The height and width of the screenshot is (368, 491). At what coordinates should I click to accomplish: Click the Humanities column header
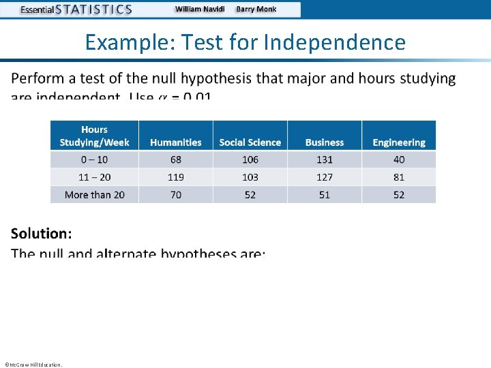pyautogui.click(x=176, y=142)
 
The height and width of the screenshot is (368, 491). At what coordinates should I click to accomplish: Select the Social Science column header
pyautogui.click(x=250, y=142)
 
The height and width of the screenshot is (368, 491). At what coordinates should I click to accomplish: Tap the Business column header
pyautogui.click(x=325, y=142)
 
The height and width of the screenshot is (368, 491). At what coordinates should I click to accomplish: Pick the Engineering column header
pyautogui.click(x=399, y=142)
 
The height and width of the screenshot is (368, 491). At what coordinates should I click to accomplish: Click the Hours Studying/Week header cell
pyautogui.click(x=94, y=136)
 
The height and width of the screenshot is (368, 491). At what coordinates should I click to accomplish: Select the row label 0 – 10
pyautogui.click(x=94, y=159)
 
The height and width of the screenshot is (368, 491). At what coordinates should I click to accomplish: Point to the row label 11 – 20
pyautogui.click(x=94, y=177)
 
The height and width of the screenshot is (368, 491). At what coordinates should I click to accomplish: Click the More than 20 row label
pyautogui.click(x=94, y=195)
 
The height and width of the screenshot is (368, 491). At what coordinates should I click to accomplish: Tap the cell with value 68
pyautogui.click(x=176, y=159)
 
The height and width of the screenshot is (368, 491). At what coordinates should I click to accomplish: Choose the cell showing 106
pyautogui.click(x=250, y=159)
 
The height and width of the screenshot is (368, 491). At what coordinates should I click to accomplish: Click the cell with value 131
pyautogui.click(x=325, y=159)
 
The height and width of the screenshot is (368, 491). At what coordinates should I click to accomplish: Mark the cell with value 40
pyautogui.click(x=399, y=159)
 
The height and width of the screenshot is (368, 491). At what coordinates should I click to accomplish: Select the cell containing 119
pyautogui.click(x=176, y=177)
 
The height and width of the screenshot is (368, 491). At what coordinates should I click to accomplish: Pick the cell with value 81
pyautogui.click(x=399, y=177)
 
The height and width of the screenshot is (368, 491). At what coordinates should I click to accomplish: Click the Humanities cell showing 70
pyautogui.click(x=176, y=195)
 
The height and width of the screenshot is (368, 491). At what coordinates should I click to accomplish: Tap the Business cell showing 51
pyautogui.click(x=325, y=195)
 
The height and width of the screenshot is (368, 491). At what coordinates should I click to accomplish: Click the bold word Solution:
pyautogui.click(x=42, y=234)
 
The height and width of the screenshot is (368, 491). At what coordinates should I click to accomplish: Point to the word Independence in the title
pyautogui.click(x=334, y=43)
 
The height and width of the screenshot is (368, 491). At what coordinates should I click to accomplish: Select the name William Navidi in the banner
pyautogui.click(x=200, y=10)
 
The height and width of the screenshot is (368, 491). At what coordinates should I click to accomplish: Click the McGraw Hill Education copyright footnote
pyautogui.click(x=33, y=365)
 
